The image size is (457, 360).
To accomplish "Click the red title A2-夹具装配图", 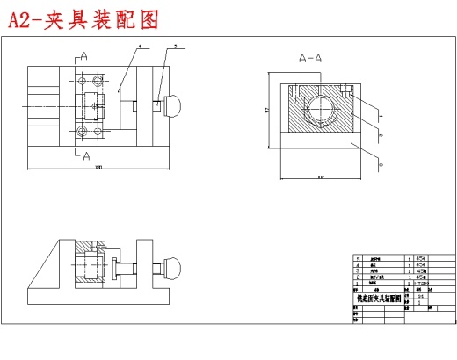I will click(x=83, y=19).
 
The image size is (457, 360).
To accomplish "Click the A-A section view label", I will click(x=311, y=59).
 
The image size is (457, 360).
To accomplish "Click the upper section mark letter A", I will click(x=84, y=55).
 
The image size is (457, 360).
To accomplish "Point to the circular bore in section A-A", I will click(x=321, y=112).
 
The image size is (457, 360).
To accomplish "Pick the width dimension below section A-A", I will click(x=321, y=178).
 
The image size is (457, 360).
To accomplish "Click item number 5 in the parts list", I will click(x=358, y=260).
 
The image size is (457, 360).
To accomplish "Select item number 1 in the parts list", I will click(x=358, y=284).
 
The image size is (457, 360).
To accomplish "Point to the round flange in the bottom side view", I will click(x=115, y=267).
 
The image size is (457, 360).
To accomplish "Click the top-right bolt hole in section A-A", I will click(x=349, y=90).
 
